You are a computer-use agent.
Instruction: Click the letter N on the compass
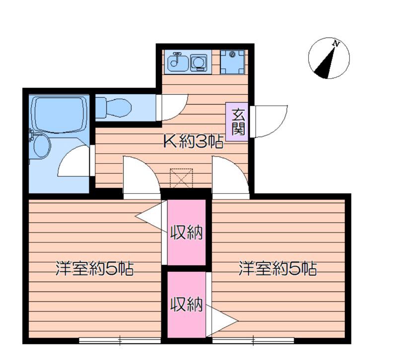pyautogui.click(x=337, y=44)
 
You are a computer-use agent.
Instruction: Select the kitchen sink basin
pyautogui.click(x=176, y=61)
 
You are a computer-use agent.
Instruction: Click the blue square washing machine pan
pyautogui.click(x=232, y=61)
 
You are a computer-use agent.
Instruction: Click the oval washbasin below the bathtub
pyautogui.click(x=42, y=145)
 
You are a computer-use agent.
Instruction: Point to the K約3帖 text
pyautogui.click(x=193, y=142)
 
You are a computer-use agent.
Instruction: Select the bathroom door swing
pyautogui.click(x=74, y=161)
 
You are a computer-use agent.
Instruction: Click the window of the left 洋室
pyautogui.click(x=120, y=340)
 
